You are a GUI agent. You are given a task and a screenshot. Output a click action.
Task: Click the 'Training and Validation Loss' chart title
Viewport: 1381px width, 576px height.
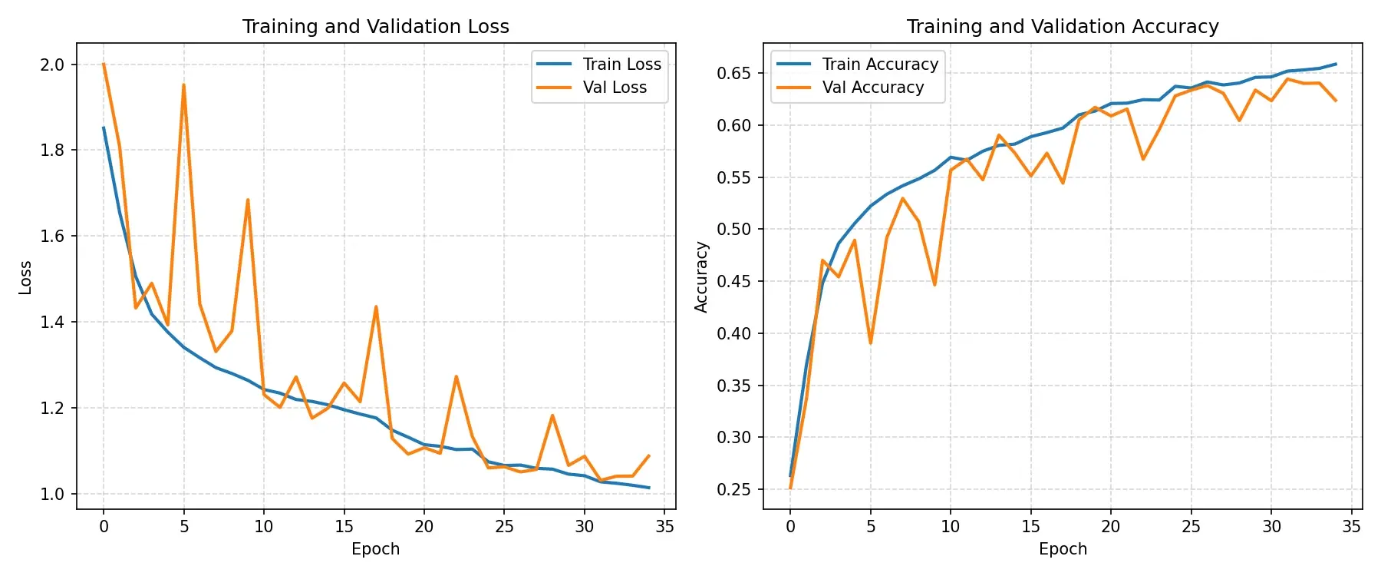tap(376, 27)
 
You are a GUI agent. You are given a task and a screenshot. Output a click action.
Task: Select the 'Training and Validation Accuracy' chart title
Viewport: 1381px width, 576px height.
tap(1063, 27)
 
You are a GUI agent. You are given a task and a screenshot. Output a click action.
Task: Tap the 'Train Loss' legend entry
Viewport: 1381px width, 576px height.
tap(599, 64)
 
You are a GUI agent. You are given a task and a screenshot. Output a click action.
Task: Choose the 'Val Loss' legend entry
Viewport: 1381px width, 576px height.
tap(592, 88)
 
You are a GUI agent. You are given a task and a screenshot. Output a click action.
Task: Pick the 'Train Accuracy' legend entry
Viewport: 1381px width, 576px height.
tap(857, 64)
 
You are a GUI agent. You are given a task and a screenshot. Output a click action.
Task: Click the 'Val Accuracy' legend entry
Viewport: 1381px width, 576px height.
tap(850, 88)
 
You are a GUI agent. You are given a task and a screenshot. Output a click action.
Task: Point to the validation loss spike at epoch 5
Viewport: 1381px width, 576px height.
tap(184, 84)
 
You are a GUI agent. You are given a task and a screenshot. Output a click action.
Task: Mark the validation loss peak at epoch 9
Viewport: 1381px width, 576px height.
tap(248, 200)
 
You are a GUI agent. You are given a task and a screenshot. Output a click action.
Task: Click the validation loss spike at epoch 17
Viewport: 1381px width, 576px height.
tap(376, 306)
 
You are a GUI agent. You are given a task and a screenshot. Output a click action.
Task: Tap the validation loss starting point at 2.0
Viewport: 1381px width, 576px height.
tap(104, 64)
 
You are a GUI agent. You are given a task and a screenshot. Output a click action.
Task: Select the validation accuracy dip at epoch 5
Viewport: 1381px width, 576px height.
tap(871, 343)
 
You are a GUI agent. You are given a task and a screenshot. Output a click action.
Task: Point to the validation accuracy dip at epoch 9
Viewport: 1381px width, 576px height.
tap(934, 285)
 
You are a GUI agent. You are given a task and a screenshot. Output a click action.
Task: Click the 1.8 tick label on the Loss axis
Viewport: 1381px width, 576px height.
tap(52, 151)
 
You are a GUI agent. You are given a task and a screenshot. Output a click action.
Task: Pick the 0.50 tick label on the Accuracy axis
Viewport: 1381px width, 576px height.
tap(733, 230)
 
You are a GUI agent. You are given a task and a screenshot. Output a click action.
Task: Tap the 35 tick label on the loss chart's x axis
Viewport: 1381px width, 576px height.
tap(665, 526)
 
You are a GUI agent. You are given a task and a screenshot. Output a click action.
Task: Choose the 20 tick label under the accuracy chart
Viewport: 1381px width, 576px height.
tap(1111, 526)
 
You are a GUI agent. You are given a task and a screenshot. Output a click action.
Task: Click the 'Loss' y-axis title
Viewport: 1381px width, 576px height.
tap(25, 277)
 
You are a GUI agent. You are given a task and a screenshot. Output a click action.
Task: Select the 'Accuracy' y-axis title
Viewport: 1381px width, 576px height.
tap(701, 277)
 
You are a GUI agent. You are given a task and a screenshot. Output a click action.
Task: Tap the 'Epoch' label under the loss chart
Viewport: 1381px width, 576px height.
tap(376, 549)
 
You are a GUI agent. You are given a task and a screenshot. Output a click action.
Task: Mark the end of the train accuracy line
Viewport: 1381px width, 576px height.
tap(1336, 64)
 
